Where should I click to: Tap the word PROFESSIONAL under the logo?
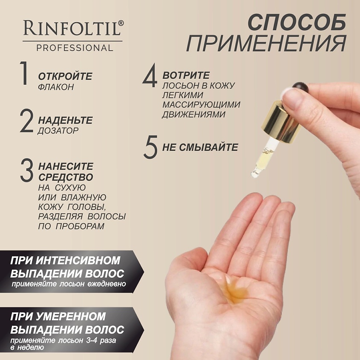75,48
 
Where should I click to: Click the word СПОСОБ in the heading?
297,22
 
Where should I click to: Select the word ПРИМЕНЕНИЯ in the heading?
266,43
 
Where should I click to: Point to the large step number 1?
24,73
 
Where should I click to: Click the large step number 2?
27,121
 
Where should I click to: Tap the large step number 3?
27,170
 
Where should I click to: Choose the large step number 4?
150,75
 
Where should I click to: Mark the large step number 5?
150,147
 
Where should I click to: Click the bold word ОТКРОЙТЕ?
65,76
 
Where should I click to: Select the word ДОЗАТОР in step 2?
58,131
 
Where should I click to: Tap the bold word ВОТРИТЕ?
186,75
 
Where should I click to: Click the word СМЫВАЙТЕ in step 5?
208,147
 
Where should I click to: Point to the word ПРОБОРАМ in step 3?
80,226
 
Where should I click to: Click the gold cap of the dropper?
281,122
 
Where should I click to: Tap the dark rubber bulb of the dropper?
300,87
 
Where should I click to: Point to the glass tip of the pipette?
255,173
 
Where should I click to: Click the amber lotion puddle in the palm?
235,290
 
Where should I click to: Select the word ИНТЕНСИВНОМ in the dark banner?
78,260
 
